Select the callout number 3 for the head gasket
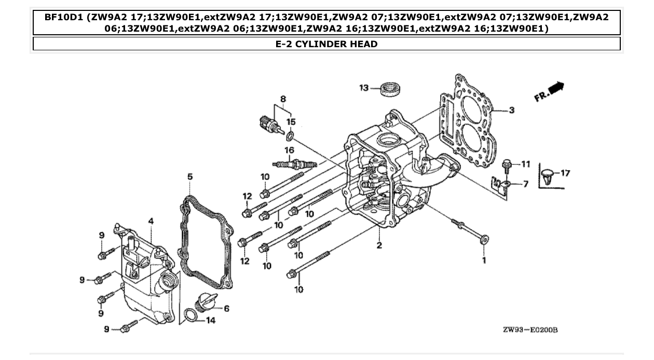511,110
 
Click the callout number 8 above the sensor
283,99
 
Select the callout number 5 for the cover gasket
190,177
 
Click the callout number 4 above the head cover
151,221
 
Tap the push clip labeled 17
547,175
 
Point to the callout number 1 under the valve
484,260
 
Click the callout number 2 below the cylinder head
379,245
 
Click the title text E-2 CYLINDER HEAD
326,44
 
